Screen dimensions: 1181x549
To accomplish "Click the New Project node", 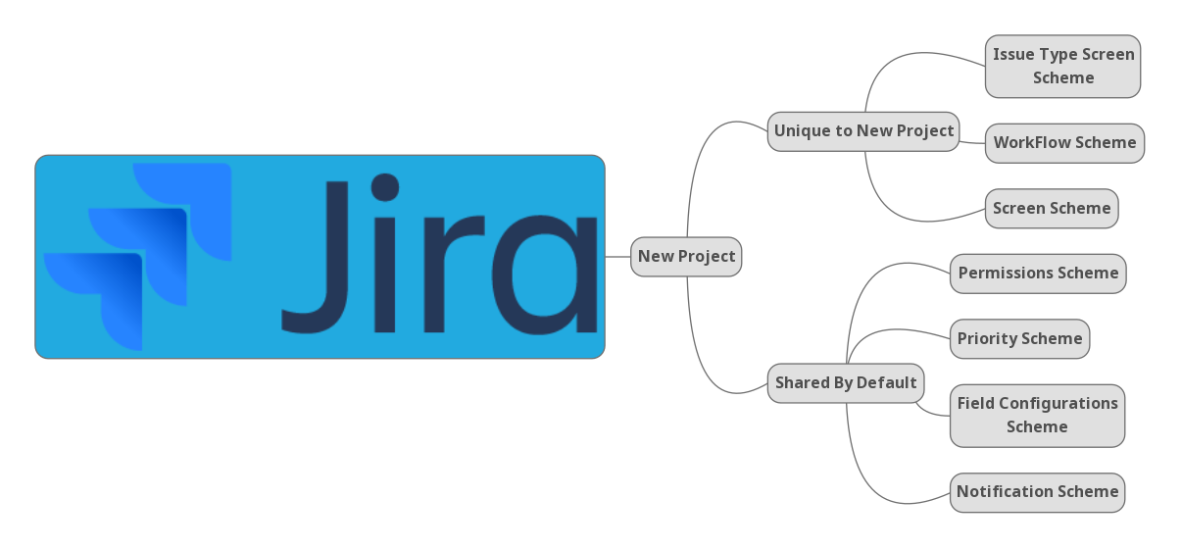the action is pos(686,257).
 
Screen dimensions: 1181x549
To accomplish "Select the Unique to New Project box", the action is pos(863,131).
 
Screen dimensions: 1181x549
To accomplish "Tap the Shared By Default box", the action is pos(846,382).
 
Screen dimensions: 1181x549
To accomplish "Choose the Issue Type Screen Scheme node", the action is pos(1063,66).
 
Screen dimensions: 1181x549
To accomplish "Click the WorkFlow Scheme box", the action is pos(1064,143).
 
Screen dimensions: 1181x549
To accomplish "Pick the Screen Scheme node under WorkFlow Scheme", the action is pos(1052,209).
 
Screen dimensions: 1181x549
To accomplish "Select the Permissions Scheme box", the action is pos(1038,274).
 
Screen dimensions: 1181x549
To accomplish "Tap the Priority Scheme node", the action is pos(1019,339).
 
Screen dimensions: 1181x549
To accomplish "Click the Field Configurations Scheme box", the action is pos(1037,416).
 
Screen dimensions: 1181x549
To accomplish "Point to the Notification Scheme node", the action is pos(1037,492).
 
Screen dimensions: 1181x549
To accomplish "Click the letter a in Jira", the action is pos(544,274).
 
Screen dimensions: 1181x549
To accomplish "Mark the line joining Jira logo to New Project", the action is pos(617,257).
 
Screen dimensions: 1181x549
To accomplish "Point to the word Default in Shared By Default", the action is pos(887,382).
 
